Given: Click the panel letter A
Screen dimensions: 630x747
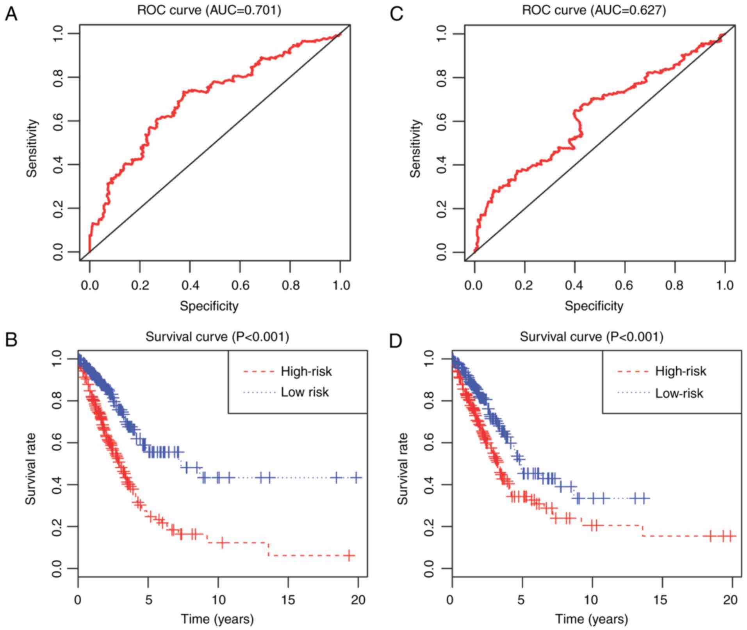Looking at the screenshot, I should coord(11,14).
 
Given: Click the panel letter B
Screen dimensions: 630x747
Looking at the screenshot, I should coord(11,340).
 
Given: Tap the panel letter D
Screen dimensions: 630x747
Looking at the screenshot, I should coord(396,340).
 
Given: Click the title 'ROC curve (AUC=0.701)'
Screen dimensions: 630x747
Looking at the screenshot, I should coord(209,10).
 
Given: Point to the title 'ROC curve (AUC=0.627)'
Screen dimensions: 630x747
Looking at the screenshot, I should coord(594,10).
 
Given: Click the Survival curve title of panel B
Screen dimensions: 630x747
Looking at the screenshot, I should coord(217,336).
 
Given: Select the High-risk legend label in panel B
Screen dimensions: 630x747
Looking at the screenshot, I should coord(306,371).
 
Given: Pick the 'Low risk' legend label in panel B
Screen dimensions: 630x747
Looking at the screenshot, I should coord(305,392).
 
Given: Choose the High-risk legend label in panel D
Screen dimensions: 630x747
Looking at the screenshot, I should coord(681,371).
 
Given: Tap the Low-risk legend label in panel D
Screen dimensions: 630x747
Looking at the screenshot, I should coord(679,393).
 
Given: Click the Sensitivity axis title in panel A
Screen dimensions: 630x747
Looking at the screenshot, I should coord(32,148).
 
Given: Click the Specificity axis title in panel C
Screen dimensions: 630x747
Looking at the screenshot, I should coord(594,306).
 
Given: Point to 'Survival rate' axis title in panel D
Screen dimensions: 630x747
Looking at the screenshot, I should coord(403,468).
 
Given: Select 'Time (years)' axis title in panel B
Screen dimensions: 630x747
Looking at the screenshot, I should coord(217,619).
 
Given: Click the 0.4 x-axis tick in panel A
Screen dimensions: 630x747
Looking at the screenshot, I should coord(190,285).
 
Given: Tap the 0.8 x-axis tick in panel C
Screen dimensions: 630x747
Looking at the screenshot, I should coord(674,285).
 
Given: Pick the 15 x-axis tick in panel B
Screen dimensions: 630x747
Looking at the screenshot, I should coord(288,600).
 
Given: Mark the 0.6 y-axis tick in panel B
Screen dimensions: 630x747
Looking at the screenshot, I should coord(57,443).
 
